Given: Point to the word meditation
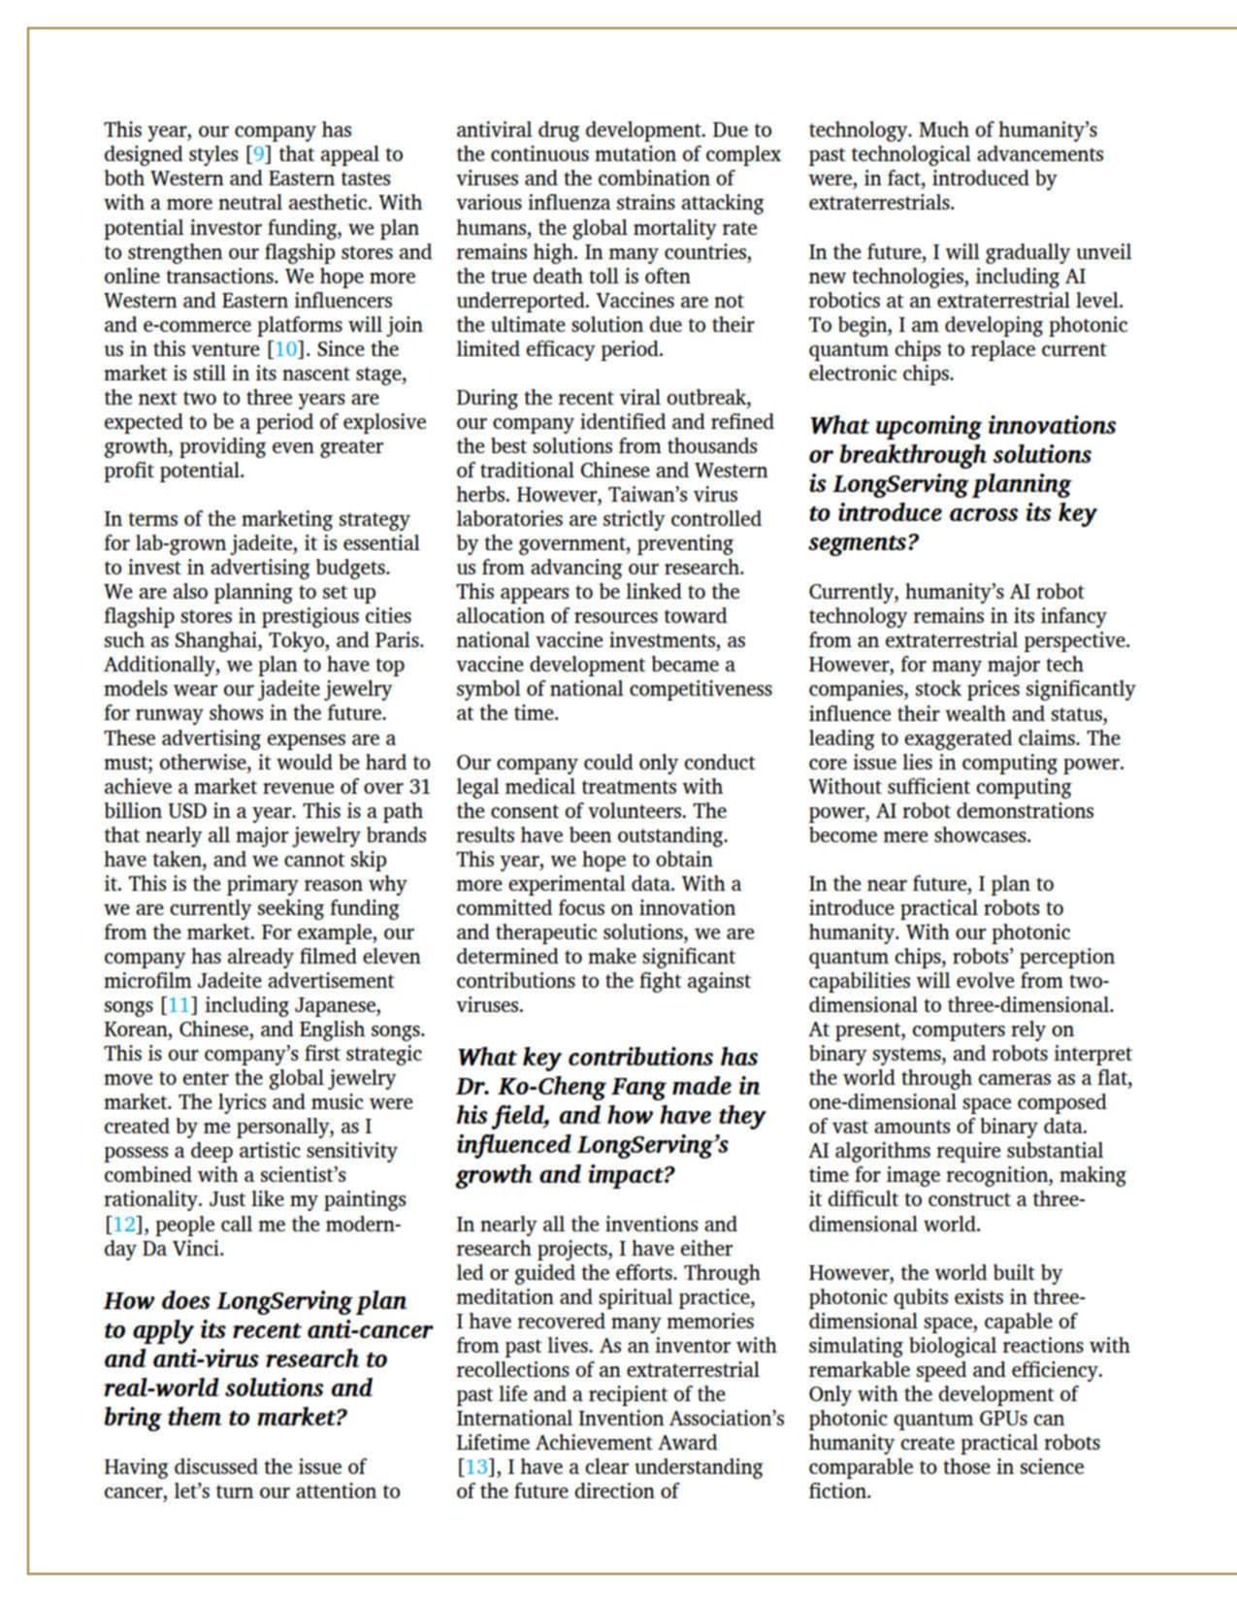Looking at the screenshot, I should [508, 1297].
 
